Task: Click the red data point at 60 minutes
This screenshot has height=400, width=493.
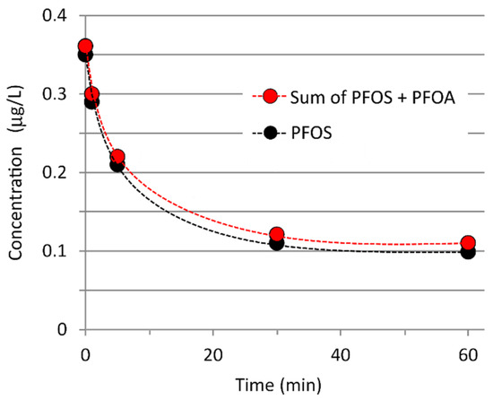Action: click(x=467, y=243)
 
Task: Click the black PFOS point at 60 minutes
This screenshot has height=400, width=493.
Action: click(x=467, y=252)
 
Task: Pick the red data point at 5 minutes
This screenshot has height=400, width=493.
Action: click(x=117, y=156)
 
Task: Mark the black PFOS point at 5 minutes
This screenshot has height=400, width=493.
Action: click(x=117, y=165)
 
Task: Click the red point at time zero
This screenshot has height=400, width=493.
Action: click(x=85, y=47)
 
